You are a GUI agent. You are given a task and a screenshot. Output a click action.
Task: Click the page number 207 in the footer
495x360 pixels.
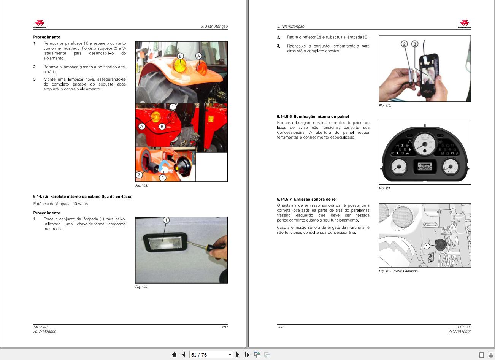225,327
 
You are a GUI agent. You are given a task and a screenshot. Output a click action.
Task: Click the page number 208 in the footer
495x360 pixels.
280,327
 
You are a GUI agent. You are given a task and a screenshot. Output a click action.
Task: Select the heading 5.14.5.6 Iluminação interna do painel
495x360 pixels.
313,116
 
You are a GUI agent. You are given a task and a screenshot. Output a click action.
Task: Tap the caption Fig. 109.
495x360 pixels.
141,287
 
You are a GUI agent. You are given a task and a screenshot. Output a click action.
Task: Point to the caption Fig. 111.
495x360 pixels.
384,188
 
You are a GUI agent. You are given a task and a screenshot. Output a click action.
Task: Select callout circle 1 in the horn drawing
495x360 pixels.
427,246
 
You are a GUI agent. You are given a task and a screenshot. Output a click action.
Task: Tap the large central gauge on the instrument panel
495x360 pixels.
425,144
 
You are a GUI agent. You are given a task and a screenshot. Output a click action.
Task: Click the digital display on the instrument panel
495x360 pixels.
425,167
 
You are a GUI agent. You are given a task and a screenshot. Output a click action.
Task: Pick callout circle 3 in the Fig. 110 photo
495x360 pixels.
415,44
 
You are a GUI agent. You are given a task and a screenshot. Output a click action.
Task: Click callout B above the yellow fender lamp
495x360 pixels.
180,56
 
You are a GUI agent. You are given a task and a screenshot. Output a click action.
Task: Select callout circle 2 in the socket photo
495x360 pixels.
139,175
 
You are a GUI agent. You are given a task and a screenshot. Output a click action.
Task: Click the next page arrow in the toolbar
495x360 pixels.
238,355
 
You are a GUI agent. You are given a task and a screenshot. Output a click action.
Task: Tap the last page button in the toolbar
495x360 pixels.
247,355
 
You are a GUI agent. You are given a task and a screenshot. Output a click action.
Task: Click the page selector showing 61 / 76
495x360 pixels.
211,355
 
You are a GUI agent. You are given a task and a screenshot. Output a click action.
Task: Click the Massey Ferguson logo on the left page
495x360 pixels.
40,24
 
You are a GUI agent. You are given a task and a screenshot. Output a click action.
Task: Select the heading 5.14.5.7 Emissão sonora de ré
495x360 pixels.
306,199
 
